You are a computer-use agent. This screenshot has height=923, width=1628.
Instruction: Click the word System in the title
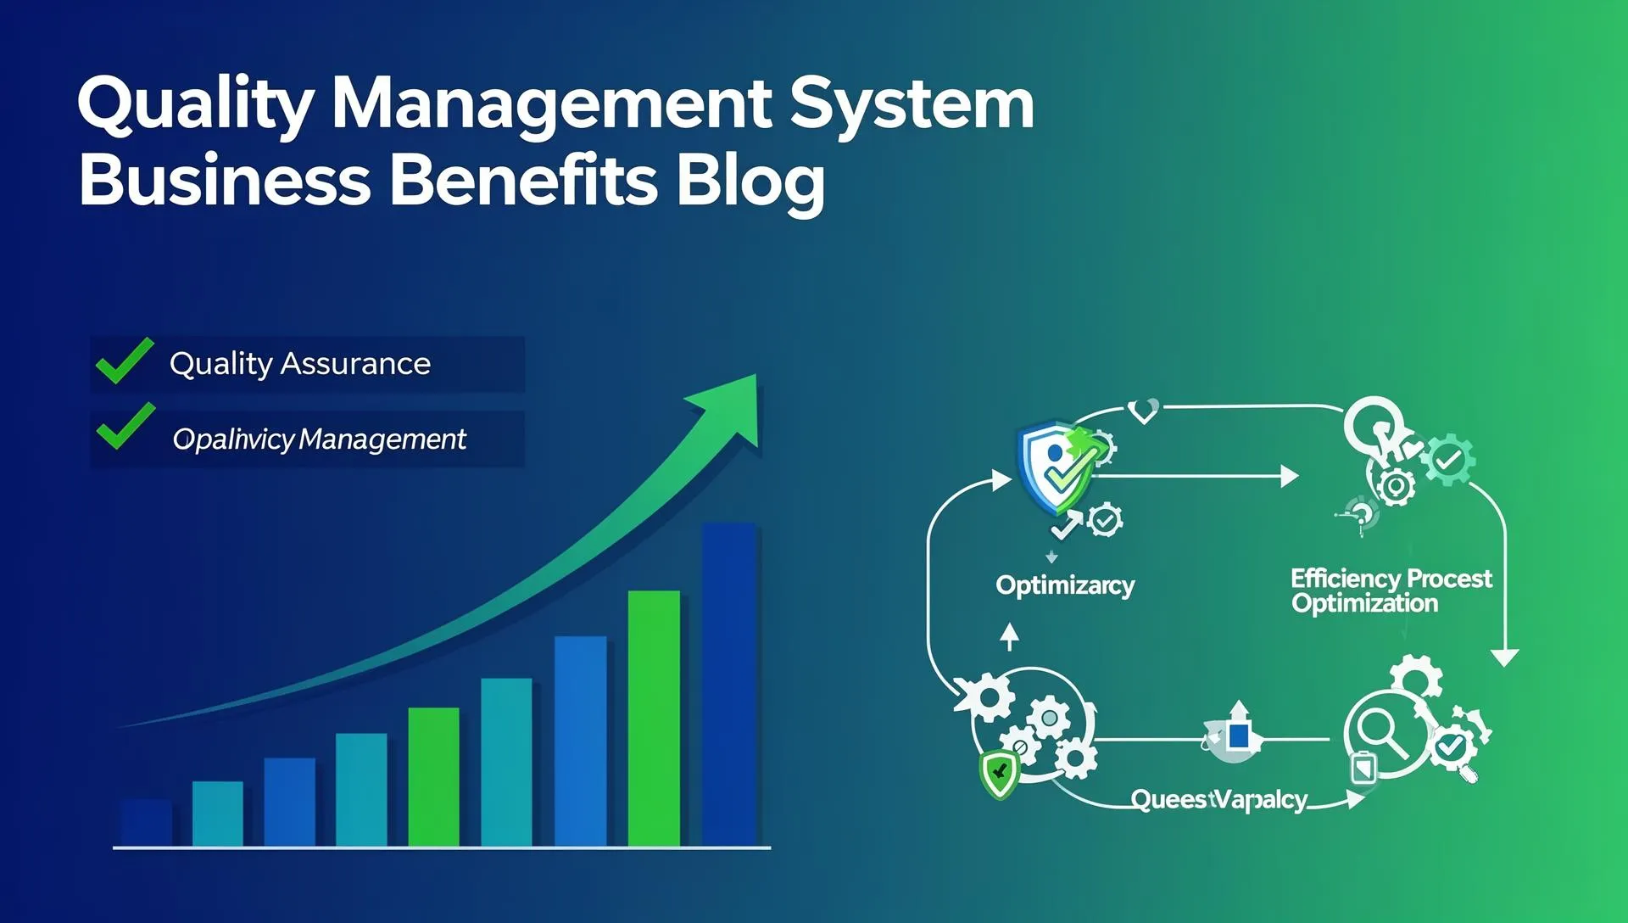point(912,103)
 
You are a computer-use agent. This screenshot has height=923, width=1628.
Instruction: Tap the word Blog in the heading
point(750,181)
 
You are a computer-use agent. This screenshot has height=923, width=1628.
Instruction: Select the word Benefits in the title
point(523,181)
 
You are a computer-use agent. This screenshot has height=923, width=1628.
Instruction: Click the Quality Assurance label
point(300,363)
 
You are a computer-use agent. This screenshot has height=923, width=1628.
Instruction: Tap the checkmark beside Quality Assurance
point(124,361)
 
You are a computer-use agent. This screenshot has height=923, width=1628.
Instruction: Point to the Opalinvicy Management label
point(319,439)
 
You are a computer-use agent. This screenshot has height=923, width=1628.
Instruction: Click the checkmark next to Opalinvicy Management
point(125,427)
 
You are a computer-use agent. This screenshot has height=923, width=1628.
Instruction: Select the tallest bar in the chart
point(728,684)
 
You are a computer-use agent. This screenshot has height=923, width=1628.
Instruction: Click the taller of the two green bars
point(654,718)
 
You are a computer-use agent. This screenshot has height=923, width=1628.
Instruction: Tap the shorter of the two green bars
point(433,776)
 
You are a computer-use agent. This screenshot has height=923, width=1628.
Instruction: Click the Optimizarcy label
point(1064,585)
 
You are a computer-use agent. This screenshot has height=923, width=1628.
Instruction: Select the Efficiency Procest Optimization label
point(1391,590)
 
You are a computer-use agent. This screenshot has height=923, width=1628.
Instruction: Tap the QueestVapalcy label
point(1218,799)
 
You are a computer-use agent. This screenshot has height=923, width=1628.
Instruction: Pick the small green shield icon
point(999,774)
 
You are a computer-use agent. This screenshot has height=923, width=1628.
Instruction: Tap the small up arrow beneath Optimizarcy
point(1009,636)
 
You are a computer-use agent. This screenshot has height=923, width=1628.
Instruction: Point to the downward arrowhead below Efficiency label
point(1504,657)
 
